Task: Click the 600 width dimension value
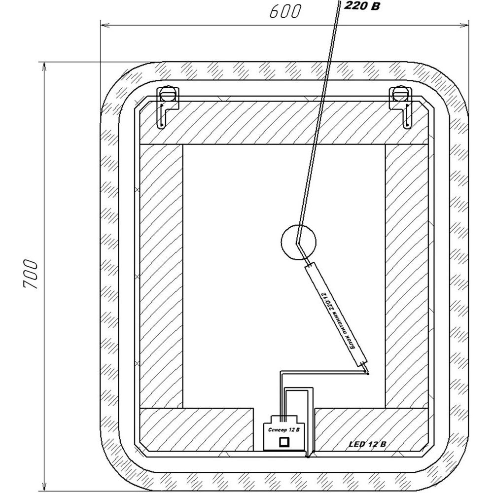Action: tap(285, 12)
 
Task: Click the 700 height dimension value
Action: tap(31, 274)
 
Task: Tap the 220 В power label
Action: tap(362, 5)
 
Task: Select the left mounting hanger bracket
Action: tap(168, 107)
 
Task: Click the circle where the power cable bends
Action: tap(298, 242)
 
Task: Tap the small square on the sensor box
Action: tap(284, 442)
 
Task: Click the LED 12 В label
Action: tap(367, 444)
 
